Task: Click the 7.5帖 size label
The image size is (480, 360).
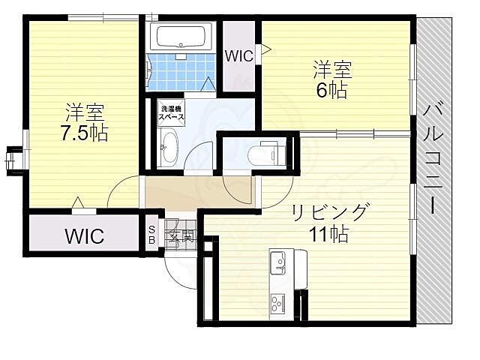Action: point(83,133)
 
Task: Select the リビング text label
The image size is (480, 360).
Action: point(330,212)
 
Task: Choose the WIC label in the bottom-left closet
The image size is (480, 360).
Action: point(84,237)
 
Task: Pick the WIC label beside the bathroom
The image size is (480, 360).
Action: point(238,55)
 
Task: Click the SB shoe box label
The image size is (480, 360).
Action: point(152,235)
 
